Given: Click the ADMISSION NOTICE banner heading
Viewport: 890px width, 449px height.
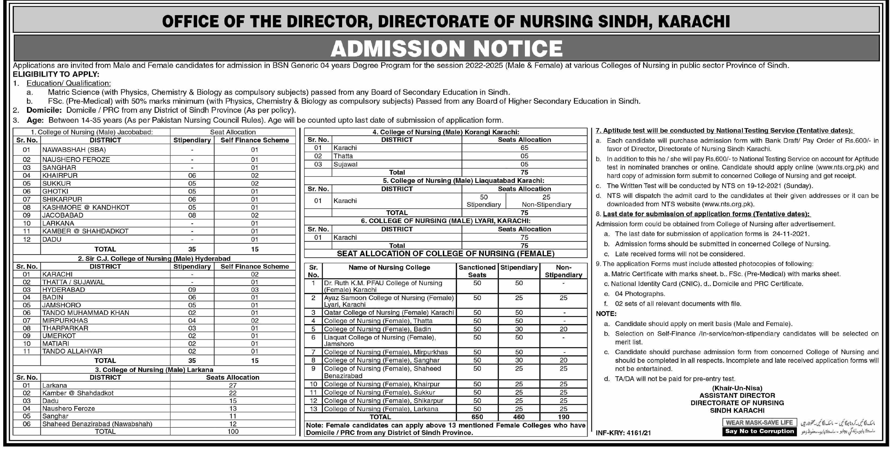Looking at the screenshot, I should coord(446,48).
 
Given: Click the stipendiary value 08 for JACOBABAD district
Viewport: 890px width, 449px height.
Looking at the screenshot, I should coord(192,215).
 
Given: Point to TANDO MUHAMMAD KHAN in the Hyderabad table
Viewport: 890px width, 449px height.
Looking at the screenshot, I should coord(86,313).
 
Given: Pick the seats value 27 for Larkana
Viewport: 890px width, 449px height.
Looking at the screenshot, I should coord(232,385).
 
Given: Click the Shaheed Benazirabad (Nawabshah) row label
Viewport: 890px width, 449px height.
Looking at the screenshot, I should coord(97,424).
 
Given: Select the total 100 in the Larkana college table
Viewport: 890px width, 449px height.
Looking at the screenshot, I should coord(233,431).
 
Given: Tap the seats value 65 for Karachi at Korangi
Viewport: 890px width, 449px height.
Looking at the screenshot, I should coord(524,148).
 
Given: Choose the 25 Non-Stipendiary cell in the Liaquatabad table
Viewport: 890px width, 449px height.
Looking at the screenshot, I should coord(546,201).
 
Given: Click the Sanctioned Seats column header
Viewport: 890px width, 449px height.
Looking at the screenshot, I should coord(477,271).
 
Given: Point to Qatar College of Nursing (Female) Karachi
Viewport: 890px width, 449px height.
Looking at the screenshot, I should coord(389,312).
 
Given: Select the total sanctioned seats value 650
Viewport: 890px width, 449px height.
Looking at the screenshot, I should coord(477,417).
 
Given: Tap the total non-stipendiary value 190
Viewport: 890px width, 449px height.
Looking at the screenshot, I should coord(563,417).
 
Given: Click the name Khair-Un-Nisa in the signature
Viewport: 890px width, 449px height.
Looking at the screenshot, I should coord(737,388).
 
